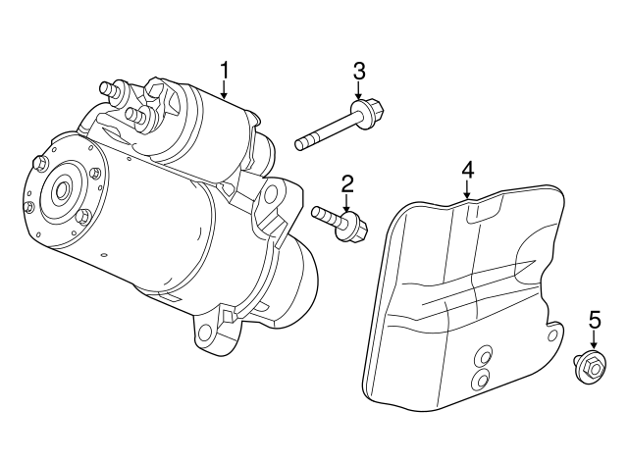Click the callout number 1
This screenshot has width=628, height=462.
coord(225,71)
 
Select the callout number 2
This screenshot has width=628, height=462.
coord(346,183)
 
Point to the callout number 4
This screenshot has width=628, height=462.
coord(468,169)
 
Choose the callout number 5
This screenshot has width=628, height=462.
coord(594,320)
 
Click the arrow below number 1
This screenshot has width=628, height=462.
coord(225,92)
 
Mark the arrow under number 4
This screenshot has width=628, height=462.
coord(468,190)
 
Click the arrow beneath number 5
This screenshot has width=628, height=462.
coord(594,340)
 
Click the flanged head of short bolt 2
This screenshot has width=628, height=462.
coord(355,229)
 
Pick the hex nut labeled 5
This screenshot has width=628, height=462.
coord(590,367)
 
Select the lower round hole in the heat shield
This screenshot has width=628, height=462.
coord(480,381)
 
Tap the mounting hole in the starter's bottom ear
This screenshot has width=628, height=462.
coord(205,334)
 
